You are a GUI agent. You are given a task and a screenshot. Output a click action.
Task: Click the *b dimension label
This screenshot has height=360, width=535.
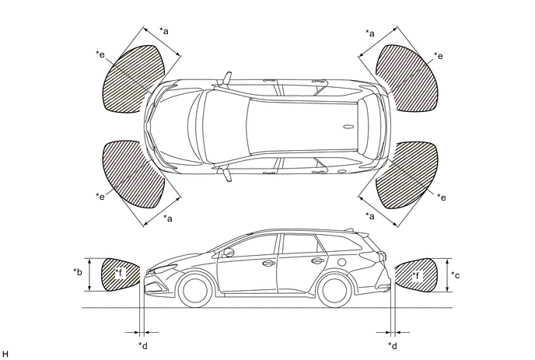[x=78, y=272]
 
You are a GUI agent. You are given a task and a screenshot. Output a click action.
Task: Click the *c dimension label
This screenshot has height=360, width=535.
[x=456, y=274]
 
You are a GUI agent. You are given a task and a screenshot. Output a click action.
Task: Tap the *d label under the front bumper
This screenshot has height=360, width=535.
[x=143, y=346]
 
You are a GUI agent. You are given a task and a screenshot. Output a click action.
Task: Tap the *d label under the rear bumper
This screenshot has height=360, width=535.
[x=393, y=346]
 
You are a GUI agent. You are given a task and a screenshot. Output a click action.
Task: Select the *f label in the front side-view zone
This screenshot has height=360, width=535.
[x=121, y=273]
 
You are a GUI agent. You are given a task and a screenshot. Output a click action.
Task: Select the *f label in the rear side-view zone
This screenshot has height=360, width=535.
[x=417, y=275]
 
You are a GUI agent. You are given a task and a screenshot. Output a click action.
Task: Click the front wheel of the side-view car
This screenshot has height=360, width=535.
[x=195, y=290]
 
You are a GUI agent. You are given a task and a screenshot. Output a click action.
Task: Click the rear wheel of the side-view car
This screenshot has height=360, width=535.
[x=334, y=290]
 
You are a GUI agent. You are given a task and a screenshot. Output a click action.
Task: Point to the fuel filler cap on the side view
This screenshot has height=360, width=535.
[x=341, y=262]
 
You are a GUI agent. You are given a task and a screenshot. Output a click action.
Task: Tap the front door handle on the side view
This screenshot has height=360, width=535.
[x=268, y=263]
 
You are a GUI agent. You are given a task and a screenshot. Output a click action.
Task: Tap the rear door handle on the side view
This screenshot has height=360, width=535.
[x=317, y=261]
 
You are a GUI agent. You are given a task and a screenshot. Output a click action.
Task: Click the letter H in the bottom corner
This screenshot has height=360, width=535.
[x=5, y=355]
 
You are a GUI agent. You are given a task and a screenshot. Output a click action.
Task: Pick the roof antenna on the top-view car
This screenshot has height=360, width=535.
[x=348, y=127]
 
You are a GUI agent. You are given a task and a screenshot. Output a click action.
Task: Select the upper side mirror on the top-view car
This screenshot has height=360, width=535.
[x=228, y=78]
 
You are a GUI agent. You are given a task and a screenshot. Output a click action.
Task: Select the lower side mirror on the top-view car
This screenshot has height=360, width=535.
[x=228, y=174]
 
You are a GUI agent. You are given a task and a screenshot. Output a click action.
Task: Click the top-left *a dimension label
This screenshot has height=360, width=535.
[x=164, y=31]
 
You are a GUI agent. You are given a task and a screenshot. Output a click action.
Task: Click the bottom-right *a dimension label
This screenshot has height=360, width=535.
[x=370, y=215]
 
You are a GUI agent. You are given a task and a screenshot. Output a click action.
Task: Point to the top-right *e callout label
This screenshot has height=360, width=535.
[x=439, y=56]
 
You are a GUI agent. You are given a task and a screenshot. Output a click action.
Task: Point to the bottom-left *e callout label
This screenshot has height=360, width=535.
[x=100, y=196]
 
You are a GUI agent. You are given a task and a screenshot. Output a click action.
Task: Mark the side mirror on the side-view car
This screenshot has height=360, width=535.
[x=229, y=253]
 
